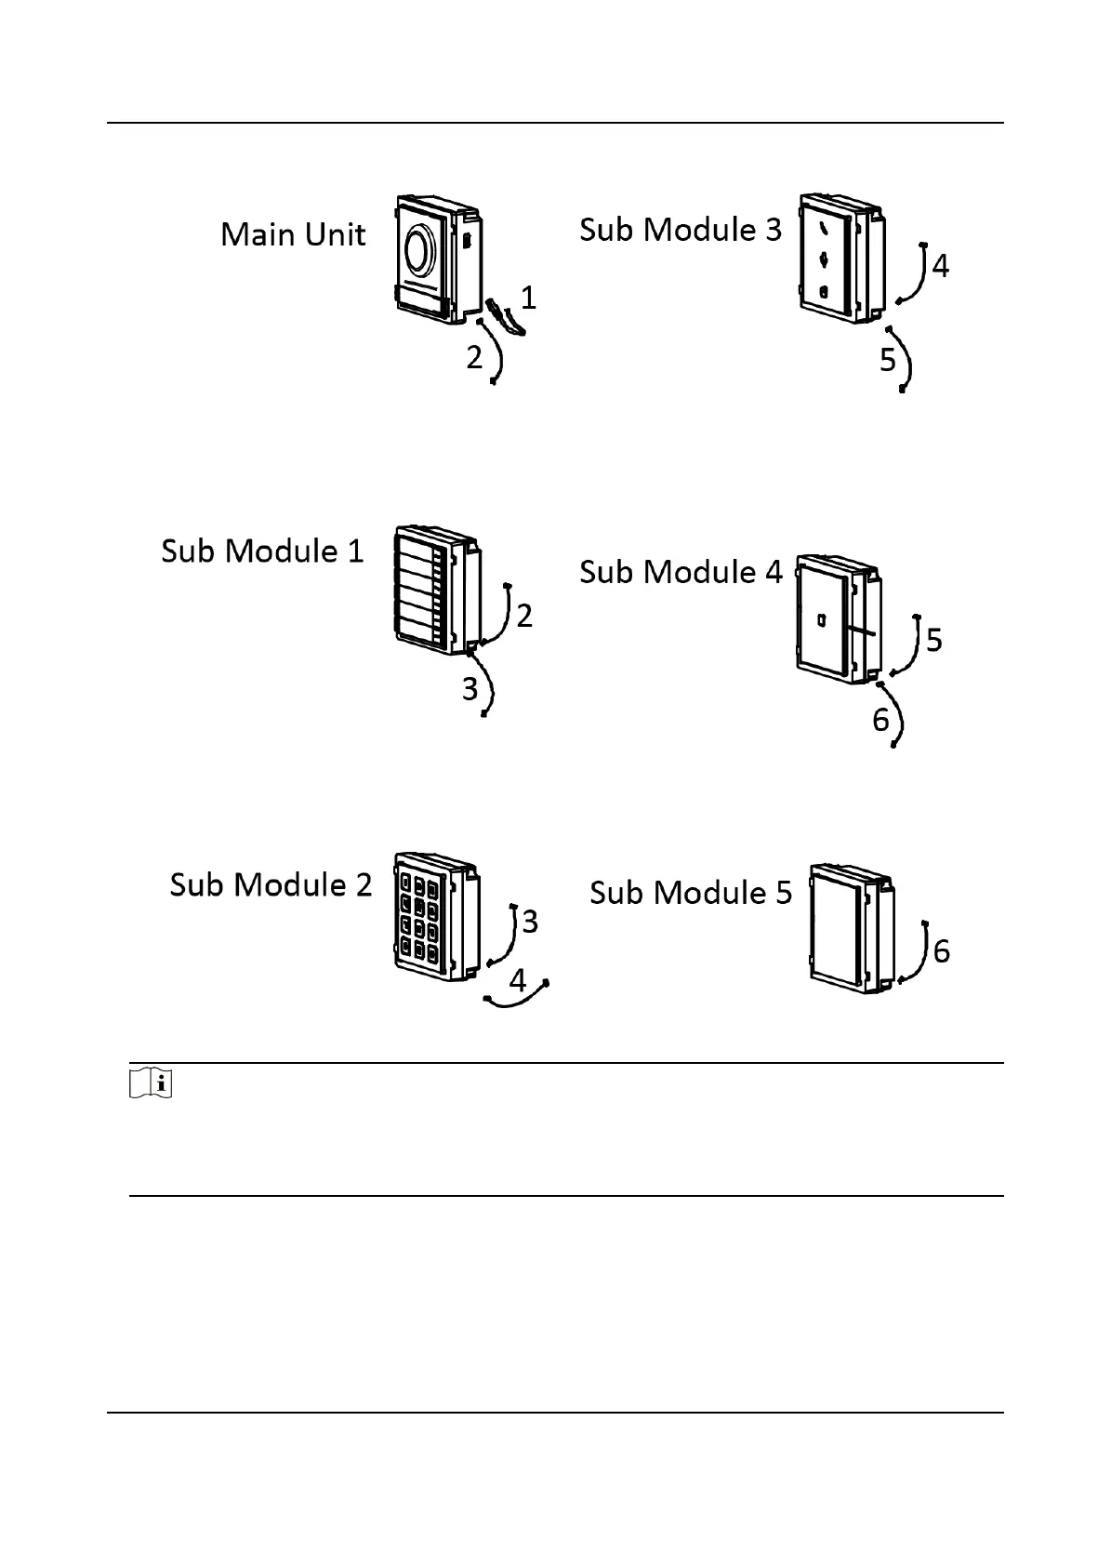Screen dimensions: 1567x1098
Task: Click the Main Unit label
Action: coord(293,234)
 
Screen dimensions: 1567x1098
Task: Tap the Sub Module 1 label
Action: coord(262,551)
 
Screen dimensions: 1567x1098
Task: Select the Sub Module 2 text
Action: coord(271,883)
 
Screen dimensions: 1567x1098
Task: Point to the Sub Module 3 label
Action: coord(681,230)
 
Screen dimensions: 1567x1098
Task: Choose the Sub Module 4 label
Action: coord(681,571)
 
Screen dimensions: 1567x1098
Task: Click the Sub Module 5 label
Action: coord(691,892)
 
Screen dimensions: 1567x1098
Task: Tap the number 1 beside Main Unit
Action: coord(528,298)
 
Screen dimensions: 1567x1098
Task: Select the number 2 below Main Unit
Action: coord(475,356)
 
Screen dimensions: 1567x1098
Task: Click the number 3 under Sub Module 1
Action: coord(470,689)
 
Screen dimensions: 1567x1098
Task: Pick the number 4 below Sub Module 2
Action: coord(517,980)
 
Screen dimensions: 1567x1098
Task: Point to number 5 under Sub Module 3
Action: coord(889,360)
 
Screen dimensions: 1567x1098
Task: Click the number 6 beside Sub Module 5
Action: coord(941,951)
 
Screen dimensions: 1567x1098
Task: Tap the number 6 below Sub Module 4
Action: coord(881,719)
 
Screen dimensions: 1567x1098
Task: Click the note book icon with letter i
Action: coord(152,1083)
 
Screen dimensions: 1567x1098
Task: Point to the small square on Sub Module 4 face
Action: coord(822,618)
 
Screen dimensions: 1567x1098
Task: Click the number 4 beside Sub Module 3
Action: coord(940,267)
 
